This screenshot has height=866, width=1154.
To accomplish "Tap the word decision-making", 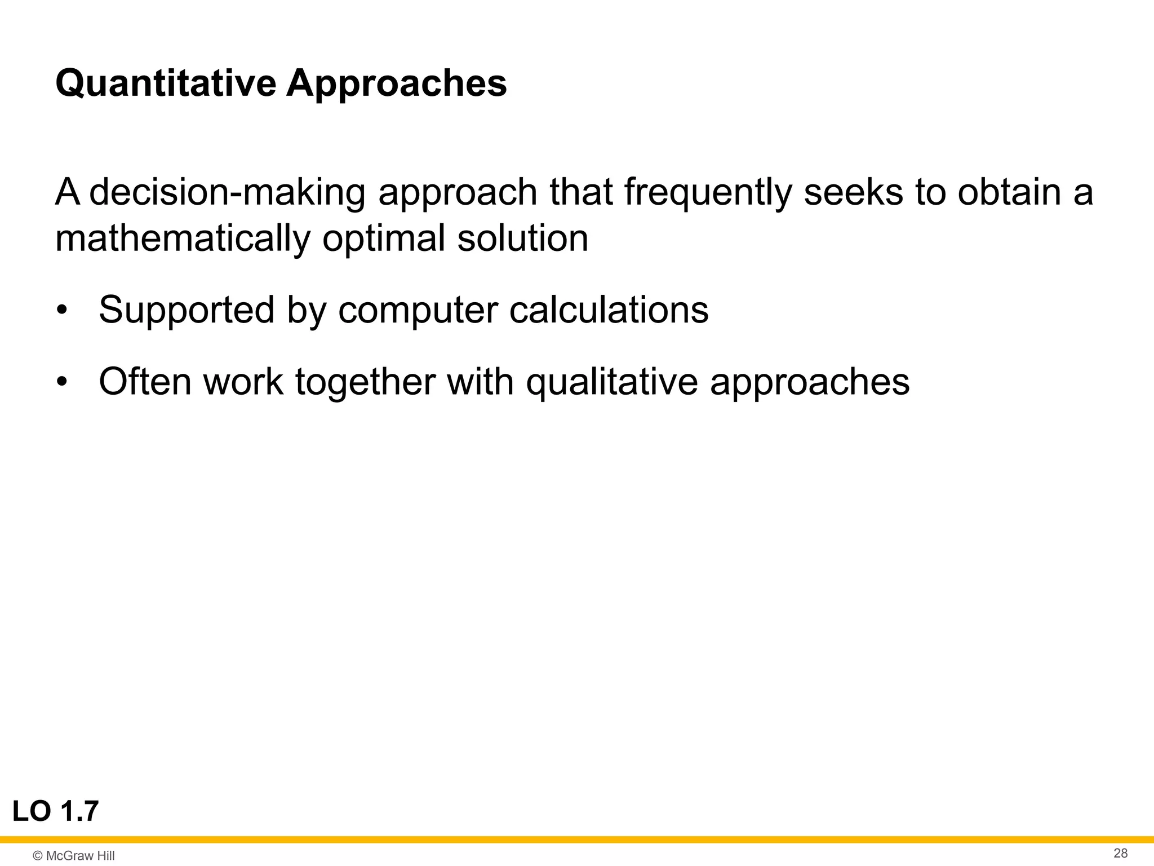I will [227, 193].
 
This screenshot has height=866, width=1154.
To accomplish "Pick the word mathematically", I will [183, 239].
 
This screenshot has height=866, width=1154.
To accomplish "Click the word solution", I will [522, 238].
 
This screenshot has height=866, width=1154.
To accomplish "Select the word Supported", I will [186, 311].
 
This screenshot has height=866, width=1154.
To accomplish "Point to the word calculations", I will [609, 310].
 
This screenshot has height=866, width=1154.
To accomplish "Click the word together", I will [365, 382].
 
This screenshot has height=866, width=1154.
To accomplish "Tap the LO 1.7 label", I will [55, 812].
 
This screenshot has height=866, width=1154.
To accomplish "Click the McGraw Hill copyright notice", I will [74, 856].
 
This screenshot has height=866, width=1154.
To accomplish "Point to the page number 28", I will [1120, 853].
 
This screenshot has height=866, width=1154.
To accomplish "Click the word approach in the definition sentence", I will [458, 193].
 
